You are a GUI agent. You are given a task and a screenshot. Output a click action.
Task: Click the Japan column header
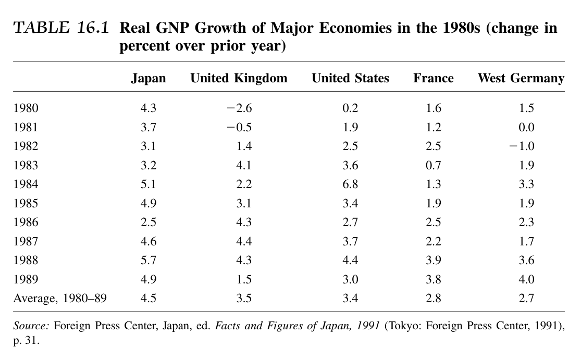[148, 78]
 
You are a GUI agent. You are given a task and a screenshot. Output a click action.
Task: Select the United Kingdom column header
[239, 78]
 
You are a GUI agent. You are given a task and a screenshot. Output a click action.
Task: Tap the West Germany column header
[521, 78]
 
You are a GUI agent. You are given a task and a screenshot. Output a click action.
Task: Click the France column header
[433, 78]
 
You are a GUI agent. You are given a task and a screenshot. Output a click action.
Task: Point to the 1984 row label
[26, 184]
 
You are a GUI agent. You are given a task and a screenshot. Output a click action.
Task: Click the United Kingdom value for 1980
[240, 108]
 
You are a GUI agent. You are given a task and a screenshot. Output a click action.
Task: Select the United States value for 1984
[350, 184]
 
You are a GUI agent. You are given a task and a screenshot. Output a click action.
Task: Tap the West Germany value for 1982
[522, 146]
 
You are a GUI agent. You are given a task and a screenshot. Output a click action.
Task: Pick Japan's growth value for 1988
[149, 260]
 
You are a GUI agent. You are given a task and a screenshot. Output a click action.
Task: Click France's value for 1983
[433, 165]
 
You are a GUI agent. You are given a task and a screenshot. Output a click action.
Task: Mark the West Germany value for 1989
[527, 279]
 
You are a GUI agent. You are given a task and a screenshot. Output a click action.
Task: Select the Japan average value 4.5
[149, 298]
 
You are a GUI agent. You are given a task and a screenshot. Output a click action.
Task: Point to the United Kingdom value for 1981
[240, 127]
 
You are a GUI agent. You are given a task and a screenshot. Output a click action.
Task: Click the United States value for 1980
[350, 108]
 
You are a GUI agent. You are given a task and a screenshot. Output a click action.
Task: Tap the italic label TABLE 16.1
[61, 28]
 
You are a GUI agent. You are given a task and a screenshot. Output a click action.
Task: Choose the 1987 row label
[26, 241]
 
